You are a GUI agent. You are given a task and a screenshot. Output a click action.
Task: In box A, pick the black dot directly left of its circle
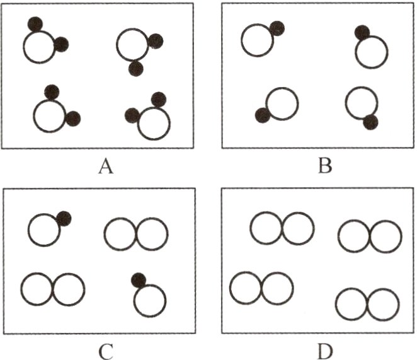pos(132,115)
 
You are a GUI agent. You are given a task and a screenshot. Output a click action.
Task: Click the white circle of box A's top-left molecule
pos(39,48)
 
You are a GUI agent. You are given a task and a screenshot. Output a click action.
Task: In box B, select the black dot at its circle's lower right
pos(370,122)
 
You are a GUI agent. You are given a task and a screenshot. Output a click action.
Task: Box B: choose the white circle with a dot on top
pos(371,52)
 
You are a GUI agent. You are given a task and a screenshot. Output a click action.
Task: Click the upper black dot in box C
pos(64,219)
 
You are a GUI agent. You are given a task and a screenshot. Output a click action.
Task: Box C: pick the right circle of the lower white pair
pos(69,289)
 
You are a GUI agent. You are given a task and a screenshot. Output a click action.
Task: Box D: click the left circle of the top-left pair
pos(266,228)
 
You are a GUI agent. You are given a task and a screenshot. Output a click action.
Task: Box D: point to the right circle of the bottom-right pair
pos(383,305)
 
